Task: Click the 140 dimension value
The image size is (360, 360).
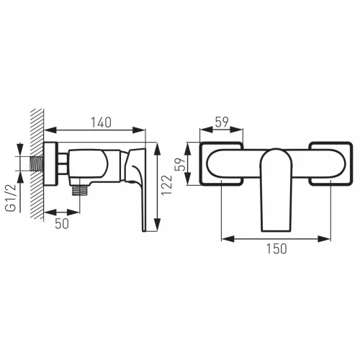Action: (101, 122)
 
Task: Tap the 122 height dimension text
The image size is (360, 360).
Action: (167, 185)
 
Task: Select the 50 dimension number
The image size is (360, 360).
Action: (62, 224)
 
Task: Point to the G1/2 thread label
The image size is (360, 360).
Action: (11, 198)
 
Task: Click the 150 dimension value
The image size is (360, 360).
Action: (276, 248)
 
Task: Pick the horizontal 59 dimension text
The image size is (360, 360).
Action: (222, 122)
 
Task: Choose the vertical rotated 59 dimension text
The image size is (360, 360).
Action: (181, 164)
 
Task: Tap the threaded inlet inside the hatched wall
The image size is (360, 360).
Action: (37, 163)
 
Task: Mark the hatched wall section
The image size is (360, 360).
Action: (37, 164)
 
